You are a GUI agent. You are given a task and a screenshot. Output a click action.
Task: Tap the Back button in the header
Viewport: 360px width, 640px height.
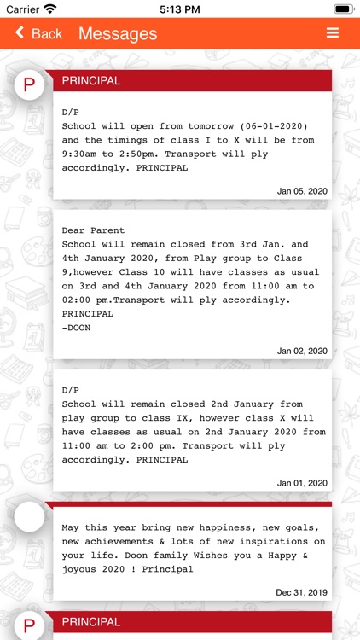(38, 33)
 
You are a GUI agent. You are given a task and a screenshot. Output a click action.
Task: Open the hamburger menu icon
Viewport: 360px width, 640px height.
(333, 33)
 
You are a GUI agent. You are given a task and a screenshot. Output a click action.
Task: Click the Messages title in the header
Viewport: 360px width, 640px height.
(118, 33)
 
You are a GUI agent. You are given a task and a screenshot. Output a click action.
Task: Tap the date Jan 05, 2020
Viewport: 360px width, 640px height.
(302, 191)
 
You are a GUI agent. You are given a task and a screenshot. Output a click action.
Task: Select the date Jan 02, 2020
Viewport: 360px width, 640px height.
(302, 351)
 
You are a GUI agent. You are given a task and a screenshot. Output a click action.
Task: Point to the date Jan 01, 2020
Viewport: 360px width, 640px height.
(302, 483)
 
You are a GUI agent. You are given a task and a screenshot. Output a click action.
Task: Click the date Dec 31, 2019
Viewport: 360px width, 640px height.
(301, 591)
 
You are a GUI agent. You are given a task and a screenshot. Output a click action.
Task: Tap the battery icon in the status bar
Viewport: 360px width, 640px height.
(343, 9)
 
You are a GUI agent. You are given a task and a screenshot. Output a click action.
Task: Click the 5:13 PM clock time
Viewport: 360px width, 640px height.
(179, 9)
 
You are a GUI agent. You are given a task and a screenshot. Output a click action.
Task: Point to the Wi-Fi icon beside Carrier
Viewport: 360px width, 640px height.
(49, 9)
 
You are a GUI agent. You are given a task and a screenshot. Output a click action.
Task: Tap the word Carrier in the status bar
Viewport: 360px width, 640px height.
(21, 9)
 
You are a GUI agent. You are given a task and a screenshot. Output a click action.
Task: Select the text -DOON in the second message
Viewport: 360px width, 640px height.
(76, 328)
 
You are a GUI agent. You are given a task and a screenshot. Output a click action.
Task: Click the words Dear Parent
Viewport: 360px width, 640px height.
(93, 230)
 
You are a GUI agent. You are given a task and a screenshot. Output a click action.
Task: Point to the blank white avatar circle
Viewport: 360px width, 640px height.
(30, 516)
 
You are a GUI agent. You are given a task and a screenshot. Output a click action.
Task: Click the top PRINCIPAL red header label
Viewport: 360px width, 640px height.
(91, 81)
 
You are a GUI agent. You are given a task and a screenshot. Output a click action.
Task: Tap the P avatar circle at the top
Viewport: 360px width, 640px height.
(30, 84)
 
